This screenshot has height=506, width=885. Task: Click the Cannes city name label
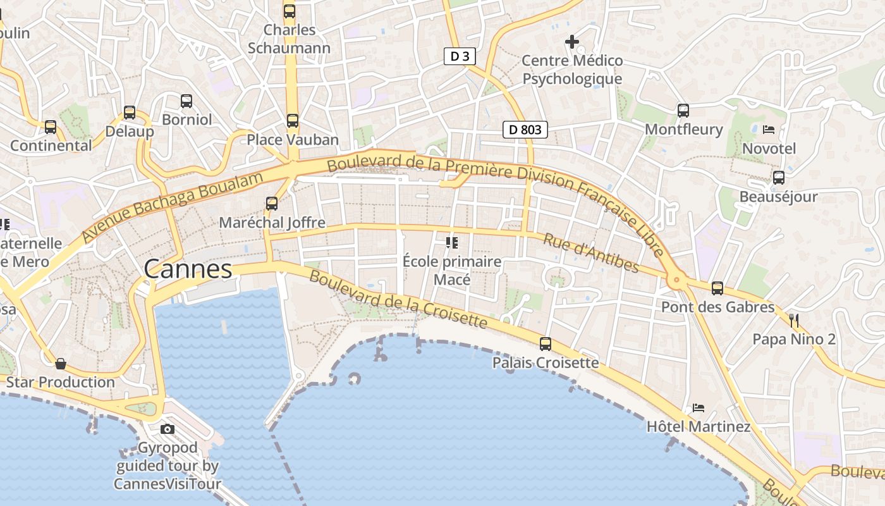point(188,269)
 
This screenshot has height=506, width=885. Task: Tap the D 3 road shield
point(460,56)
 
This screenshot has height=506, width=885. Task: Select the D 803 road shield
point(525,130)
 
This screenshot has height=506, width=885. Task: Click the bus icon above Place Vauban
point(292,120)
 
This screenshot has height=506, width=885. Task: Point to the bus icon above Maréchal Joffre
point(272,203)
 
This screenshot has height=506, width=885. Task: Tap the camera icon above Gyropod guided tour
point(168,429)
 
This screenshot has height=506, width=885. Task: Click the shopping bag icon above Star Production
point(61,363)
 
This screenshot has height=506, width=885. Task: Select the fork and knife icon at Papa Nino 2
point(794,320)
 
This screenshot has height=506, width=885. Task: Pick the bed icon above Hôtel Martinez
point(698,407)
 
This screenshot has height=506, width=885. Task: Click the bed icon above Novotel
point(769,129)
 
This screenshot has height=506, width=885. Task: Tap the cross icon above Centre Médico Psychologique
point(572,42)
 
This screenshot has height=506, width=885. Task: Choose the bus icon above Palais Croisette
point(545,343)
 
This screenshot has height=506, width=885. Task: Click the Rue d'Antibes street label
point(591,252)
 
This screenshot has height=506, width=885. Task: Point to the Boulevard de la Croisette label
point(398,300)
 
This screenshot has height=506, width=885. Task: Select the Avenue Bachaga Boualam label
point(172,206)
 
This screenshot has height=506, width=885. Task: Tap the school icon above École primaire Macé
point(451,242)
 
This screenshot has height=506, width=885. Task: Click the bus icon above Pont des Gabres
point(717,288)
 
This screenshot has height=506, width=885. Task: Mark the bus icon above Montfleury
point(683,110)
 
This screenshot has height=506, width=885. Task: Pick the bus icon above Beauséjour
point(779,177)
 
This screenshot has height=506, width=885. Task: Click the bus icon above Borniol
point(186,101)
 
